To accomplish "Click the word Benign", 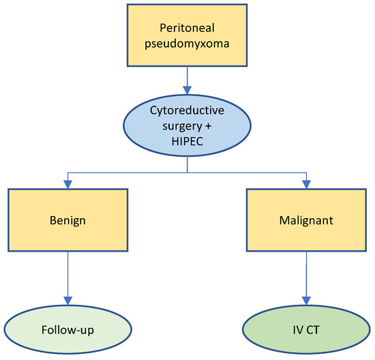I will click(67, 222).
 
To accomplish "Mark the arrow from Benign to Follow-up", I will click(67, 280).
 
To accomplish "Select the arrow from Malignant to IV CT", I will click(305, 280).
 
